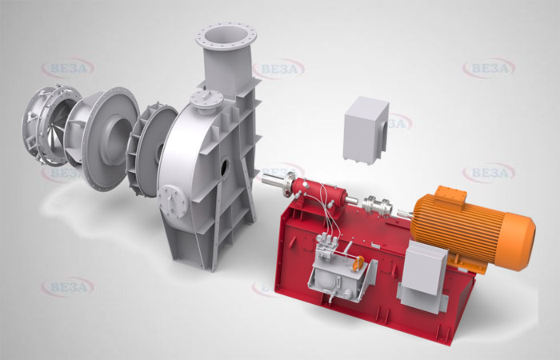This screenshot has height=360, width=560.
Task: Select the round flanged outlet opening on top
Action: click(226, 37)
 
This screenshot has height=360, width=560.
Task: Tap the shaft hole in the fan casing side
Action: click(225, 167)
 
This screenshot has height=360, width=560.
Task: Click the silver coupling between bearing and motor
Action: click(377, 206)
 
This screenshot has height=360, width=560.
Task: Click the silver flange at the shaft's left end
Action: click(288, 183)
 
